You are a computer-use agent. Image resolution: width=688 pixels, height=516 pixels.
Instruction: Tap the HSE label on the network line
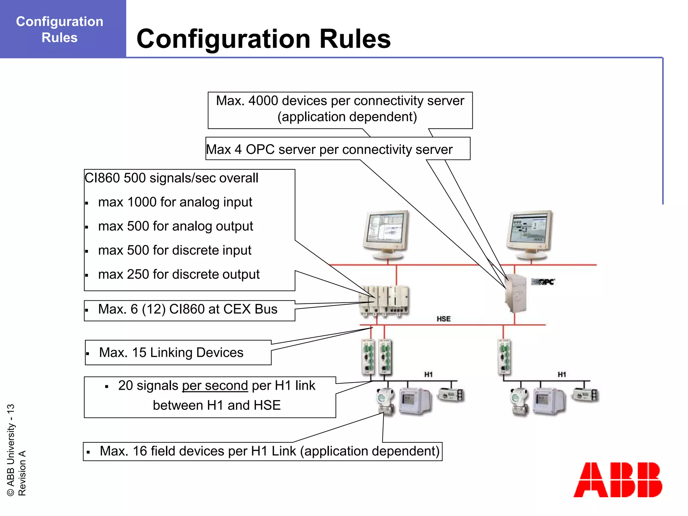(x=443, y=319)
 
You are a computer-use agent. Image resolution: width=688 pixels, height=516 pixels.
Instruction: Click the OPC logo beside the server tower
(x=543, y=282)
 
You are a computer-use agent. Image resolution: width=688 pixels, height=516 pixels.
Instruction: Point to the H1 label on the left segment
(x=428, y=374)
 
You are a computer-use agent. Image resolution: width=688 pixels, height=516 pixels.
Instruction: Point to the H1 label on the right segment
(x=562, y=374)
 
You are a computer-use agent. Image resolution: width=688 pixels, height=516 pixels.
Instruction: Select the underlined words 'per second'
(x=215, y=386)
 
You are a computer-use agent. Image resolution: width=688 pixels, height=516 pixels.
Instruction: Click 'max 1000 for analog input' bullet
(x=175, y=202)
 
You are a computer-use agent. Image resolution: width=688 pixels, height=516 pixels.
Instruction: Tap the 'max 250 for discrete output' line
(x=178, y=274)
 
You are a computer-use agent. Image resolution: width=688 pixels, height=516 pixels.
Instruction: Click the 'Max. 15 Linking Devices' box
(x=178, y=352)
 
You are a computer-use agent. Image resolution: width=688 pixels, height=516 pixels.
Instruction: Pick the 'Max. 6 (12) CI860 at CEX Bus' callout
(x=188, y=309)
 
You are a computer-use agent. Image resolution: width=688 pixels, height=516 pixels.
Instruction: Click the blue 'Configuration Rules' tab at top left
(x=60, y=29)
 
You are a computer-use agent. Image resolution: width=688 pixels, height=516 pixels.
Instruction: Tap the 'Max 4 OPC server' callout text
(x=329, y=149)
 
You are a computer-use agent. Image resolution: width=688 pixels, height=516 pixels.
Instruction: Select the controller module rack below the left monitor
(x=384, y=300)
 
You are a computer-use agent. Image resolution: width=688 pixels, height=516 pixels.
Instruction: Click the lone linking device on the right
(x=503, y=357)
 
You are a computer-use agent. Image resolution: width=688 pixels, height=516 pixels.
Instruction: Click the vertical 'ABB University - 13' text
(x=11, y=450)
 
